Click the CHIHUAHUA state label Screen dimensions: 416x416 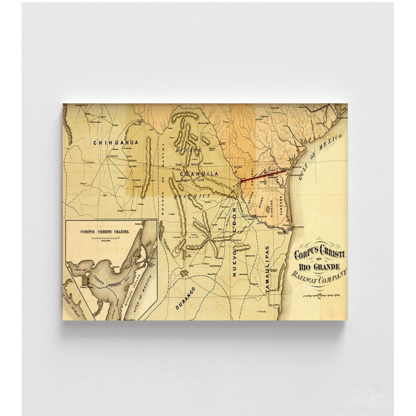pos(116,142)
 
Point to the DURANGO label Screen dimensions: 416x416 pos(185,298)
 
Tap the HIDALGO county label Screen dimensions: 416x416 pos(270,207)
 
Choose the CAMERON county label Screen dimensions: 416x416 pos(281,205)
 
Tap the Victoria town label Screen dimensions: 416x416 pos(262,312)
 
